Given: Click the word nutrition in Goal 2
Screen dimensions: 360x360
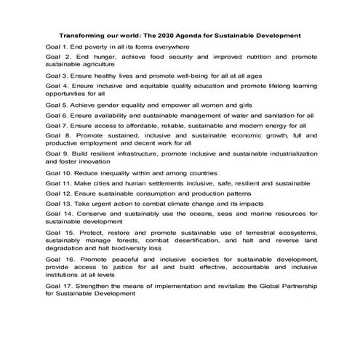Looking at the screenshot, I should tap(257, 56).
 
